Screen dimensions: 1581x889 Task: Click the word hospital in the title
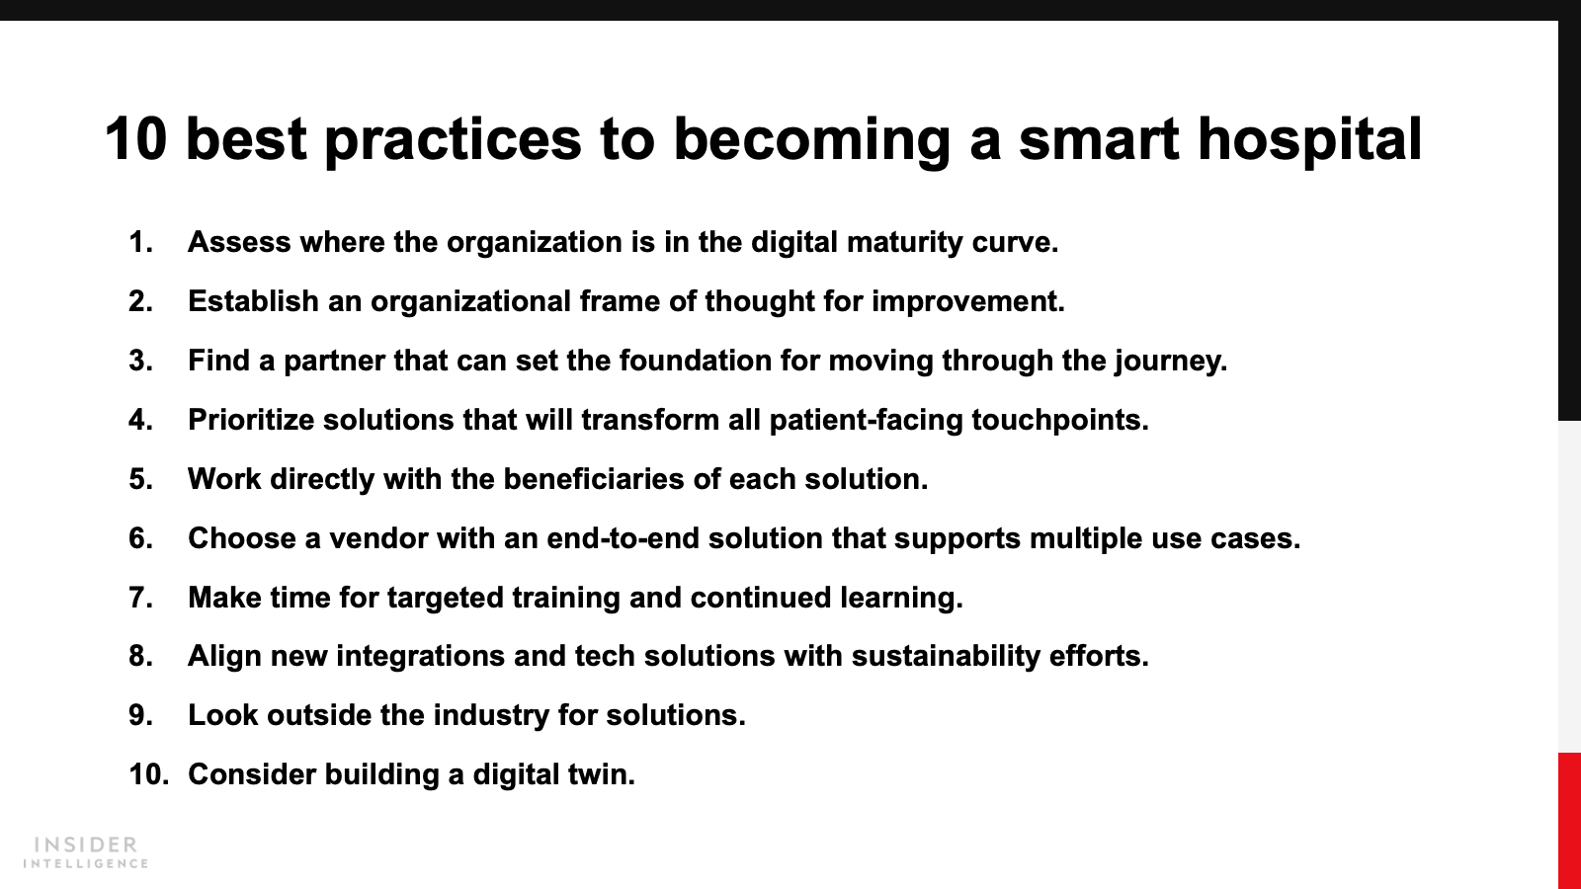[x=1309, y=140]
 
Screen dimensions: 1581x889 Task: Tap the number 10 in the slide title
[x=135, y=139]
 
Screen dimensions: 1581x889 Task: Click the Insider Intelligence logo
[x=85, y=852]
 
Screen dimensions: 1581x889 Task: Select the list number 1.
[x=140, y=242]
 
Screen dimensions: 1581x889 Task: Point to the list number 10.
[x=149, y=774]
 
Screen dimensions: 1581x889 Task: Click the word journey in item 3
[x=1171, y=362]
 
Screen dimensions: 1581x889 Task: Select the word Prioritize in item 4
[x=251, y=420]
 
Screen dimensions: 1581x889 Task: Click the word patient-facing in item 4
[x=866, y=421]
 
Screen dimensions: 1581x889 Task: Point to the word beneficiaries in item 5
[x=594, y=479]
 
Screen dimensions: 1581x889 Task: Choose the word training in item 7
[x=566, y=599]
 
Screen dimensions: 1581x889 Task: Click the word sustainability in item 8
[x=946, y=657]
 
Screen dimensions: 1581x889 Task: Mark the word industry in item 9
[x=491, y=716]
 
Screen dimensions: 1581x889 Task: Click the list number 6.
[x=140, y=538]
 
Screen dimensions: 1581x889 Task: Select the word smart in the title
[x=1099, y=140]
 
